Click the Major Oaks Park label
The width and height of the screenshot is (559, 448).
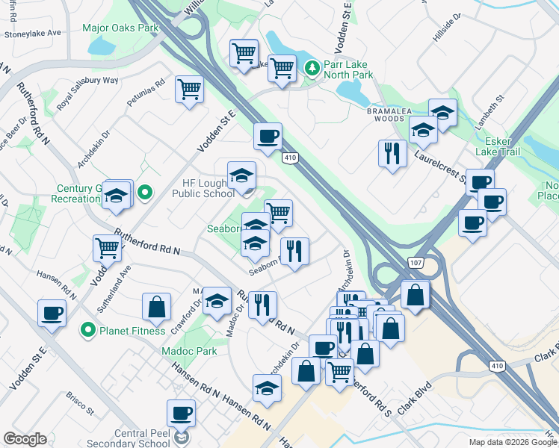pos(121,28)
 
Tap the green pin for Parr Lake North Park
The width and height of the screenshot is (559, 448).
pos(312,69)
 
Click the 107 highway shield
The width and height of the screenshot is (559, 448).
pos(416,264)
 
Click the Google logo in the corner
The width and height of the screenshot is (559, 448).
pos(25,439)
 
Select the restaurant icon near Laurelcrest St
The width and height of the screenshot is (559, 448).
pos(392,153)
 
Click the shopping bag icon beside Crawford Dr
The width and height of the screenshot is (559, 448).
pos(157,306)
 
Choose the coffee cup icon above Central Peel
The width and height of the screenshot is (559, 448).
pos(181,413)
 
